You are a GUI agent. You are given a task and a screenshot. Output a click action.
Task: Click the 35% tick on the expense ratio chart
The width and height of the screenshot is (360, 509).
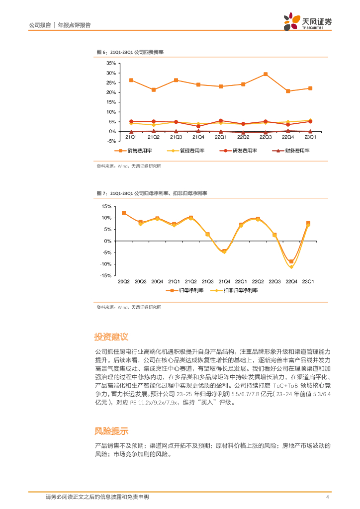[x=110, y=63]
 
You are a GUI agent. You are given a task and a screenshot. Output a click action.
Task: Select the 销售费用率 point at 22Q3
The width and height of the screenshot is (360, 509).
[x=266, y=74]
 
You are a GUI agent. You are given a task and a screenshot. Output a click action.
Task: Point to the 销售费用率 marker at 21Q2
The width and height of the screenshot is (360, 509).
[x=154, y=90]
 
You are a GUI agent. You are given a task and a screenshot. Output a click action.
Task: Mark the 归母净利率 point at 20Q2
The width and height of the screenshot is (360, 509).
[x=124, y=213]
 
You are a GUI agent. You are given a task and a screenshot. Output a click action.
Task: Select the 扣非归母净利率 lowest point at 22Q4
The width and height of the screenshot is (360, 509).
[x=291, y=267]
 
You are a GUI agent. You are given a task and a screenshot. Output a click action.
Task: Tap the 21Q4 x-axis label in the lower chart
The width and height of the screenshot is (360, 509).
[x=224, y=282]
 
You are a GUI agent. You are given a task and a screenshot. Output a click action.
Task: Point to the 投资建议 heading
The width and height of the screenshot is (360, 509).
[x=111, y=337]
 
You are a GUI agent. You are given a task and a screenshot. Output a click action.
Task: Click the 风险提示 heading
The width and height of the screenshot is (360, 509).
[x=111, y=430]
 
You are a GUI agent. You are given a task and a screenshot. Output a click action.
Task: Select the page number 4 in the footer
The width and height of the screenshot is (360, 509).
[x=327, y=497]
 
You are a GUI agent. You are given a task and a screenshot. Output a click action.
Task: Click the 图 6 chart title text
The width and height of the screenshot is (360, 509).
[x=130, y=52]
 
